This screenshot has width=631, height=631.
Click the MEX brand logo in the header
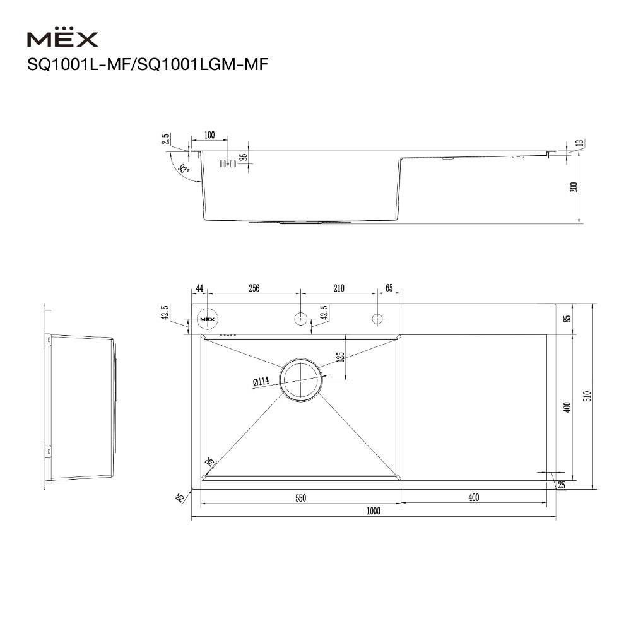(62, 39)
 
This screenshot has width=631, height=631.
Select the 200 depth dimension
(574, 188)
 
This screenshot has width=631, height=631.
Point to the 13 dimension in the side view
(580, 144)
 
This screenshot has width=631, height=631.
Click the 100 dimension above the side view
(209, 135)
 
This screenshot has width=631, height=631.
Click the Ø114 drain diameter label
(261, 381)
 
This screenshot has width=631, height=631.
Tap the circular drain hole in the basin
(301, 379)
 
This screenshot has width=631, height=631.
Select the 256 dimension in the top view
(254, 288)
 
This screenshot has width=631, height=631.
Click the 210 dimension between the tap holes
(338, 288)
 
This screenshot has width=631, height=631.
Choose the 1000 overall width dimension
(374, 511)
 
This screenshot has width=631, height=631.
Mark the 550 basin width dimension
(300, 498)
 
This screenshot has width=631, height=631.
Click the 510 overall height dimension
(586, 396)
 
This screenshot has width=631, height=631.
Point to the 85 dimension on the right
(567, 319)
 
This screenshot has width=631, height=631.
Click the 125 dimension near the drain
(340, 358)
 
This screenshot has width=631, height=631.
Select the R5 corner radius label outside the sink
(180, 498)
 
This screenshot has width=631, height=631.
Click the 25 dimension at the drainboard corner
(562, 485)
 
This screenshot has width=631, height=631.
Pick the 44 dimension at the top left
(199, 288)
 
